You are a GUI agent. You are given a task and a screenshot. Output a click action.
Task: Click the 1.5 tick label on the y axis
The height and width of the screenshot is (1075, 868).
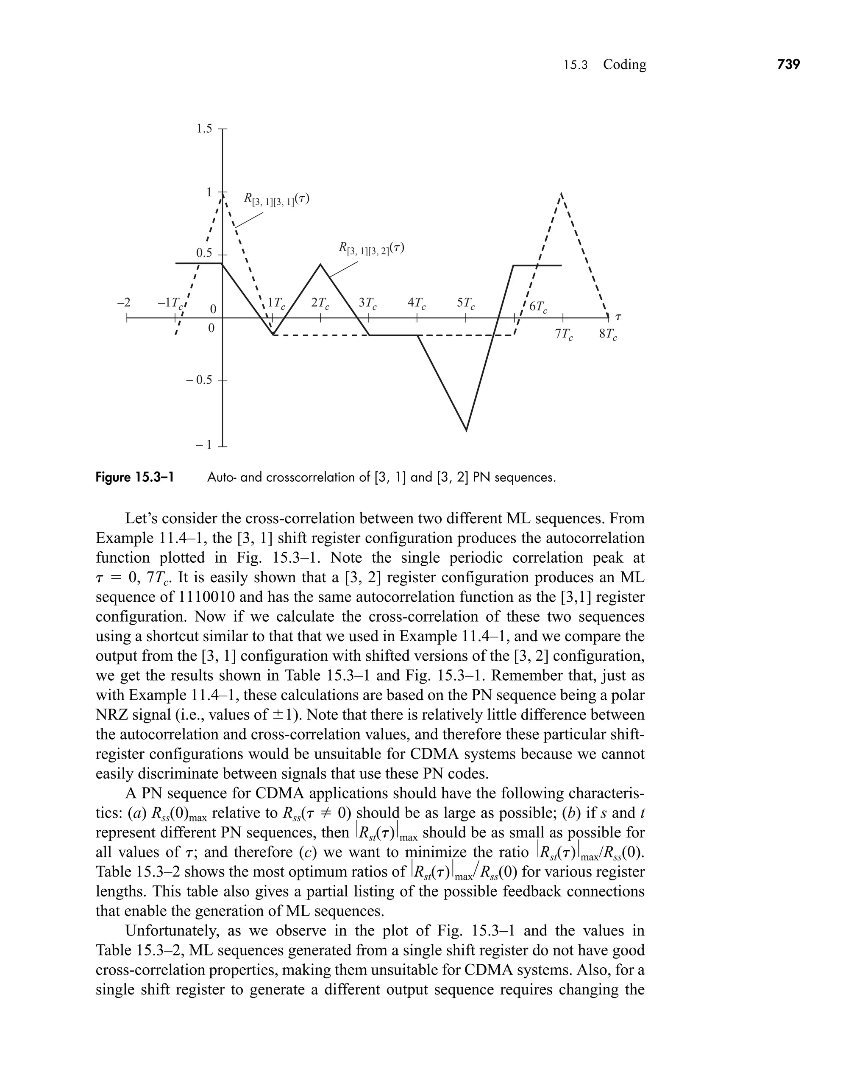[x=203, y=129]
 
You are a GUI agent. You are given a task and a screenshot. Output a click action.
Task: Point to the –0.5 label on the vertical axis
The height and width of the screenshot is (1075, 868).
[x=200, y=380]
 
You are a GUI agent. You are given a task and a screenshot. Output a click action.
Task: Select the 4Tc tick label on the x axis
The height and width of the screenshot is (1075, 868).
[x=417, y=303]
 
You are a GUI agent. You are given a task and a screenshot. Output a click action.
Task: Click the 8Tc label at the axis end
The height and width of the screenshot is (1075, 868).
[x=608, y=334]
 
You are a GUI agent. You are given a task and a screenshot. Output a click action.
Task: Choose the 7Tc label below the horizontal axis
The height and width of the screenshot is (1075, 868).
[x=564, y=334]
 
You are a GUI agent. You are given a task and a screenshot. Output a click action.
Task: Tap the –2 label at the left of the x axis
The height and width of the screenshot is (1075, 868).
[x=123, y=303]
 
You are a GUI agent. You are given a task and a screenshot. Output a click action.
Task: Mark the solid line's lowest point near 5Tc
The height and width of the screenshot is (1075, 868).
[x=467, y=430]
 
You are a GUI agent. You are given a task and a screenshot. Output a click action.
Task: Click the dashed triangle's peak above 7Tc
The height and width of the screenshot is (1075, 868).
[x=562, y=194]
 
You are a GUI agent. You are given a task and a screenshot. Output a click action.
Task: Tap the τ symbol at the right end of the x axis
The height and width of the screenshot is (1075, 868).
[x=618, y=317]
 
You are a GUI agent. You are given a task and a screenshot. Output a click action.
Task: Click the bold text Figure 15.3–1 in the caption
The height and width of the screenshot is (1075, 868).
[x=134, y=477]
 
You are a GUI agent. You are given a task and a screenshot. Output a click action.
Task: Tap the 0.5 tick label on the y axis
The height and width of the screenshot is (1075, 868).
[x=203, y=253]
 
